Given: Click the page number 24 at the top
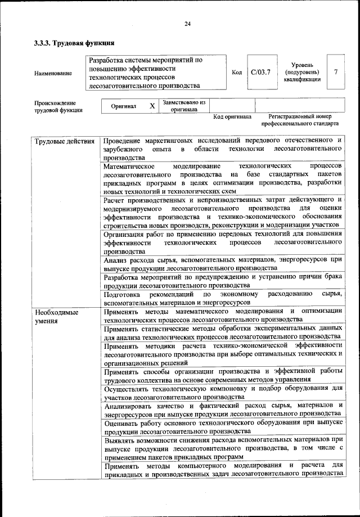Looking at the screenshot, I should click(187, 23).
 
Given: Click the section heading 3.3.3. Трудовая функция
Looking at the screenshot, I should click(74, 42).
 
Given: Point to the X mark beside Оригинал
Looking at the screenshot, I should click(152, 106).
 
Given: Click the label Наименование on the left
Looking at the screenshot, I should click(53, 73).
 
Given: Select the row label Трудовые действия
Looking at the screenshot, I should click(64, 141).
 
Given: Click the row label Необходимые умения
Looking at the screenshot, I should click(56, 315).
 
